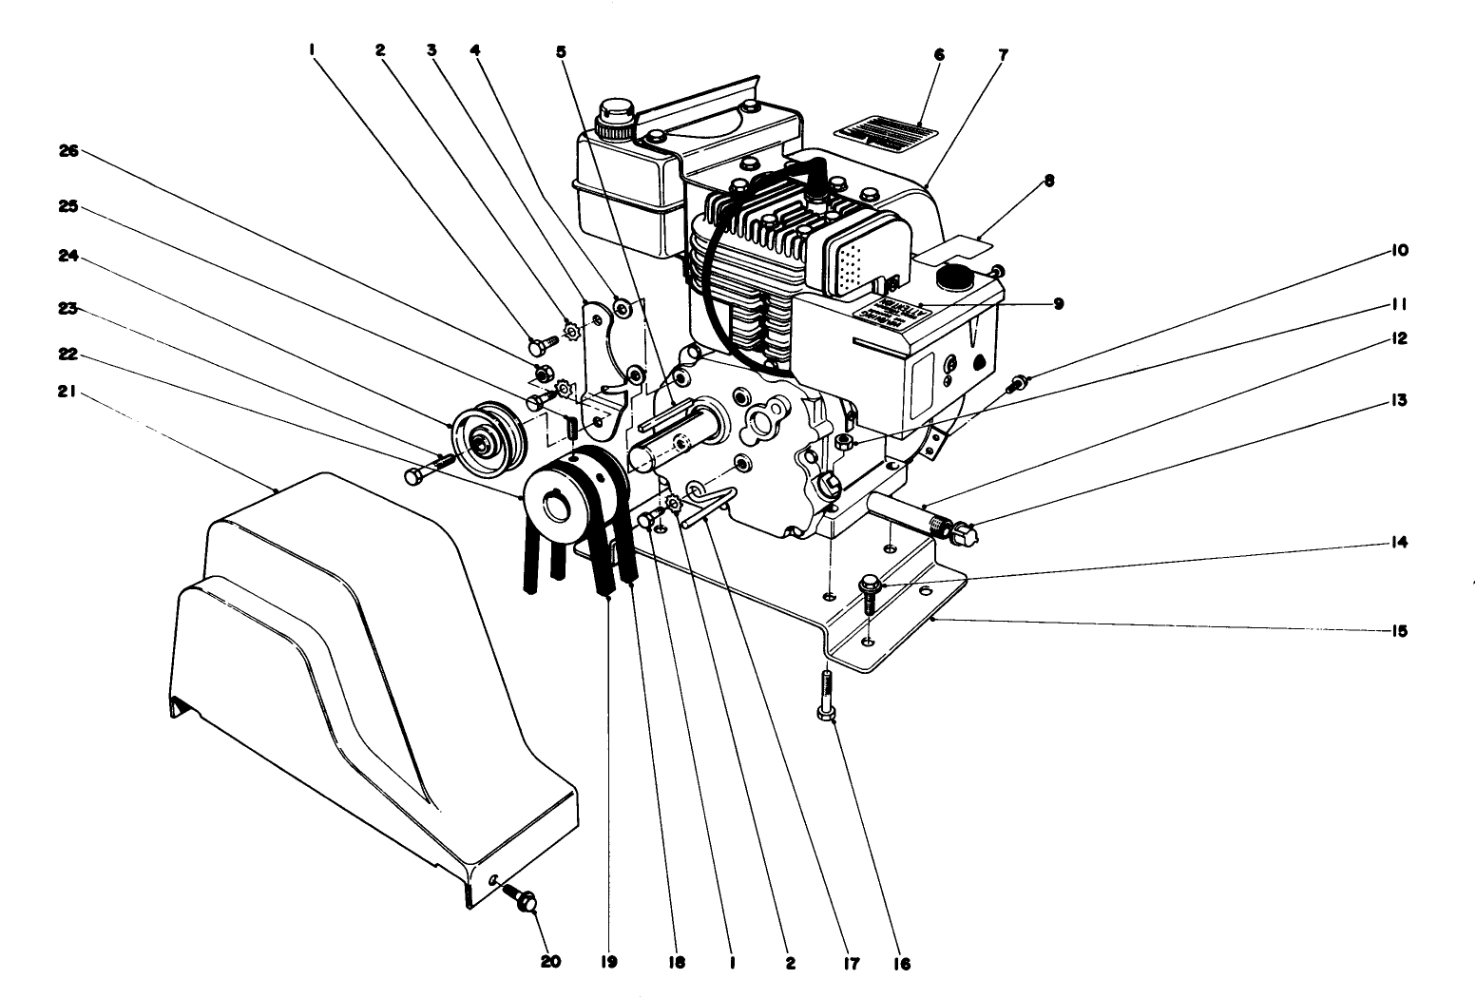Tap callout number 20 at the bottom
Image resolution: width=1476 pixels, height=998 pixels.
551,961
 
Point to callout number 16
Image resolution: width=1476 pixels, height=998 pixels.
901,963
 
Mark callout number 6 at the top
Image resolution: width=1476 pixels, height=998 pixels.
939,55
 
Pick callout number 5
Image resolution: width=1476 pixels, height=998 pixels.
562,52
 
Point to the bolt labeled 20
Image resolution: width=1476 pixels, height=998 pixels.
524,898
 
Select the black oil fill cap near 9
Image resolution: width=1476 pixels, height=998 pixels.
951,277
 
